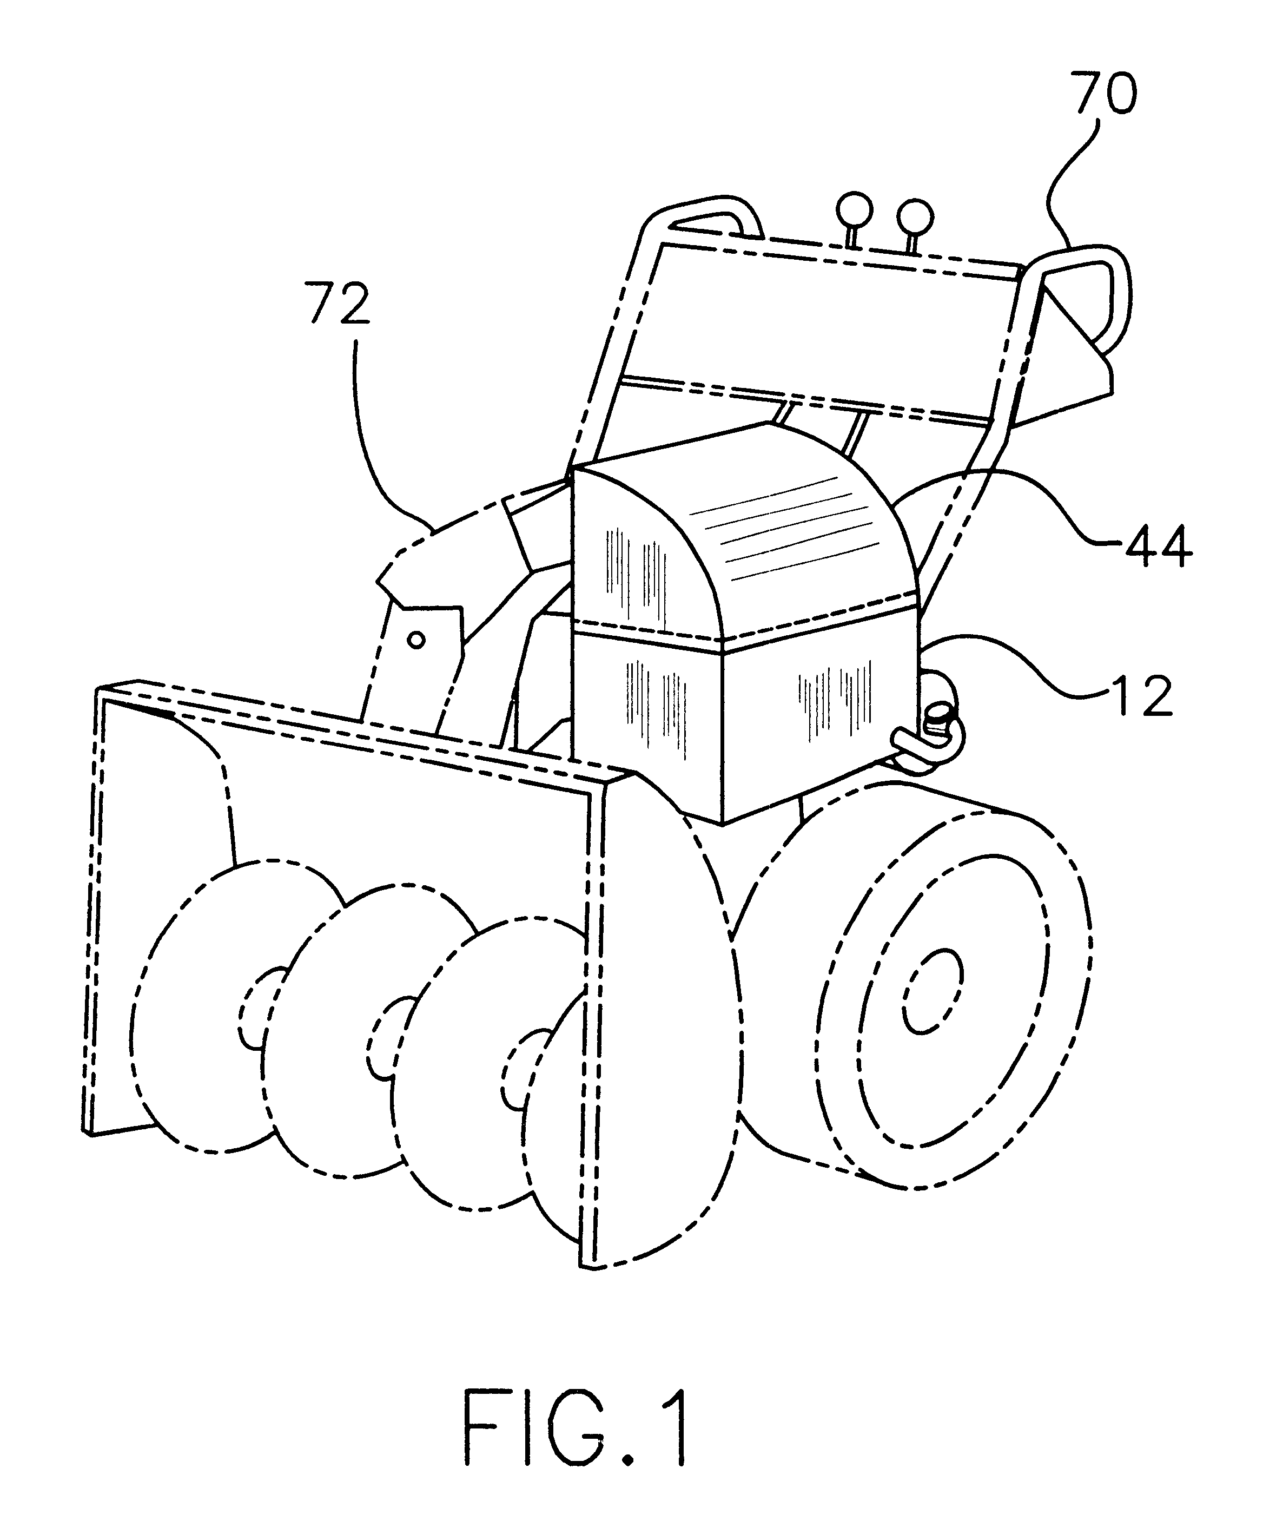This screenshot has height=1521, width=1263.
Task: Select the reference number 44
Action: [x=1158, y=546]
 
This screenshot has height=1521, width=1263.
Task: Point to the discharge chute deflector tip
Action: [x=391, y=572]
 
